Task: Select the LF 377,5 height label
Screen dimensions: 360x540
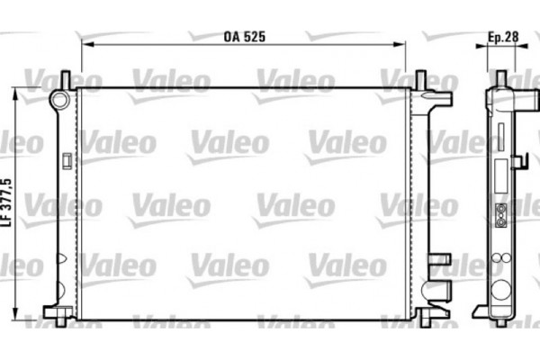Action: click(6, 202)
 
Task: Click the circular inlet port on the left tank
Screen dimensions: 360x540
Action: click(60, 98)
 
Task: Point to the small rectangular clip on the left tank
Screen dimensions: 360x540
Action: click(67, 162)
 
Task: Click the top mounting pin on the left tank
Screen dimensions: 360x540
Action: click(66, 80)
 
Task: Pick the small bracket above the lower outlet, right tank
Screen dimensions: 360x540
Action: click(438, 260)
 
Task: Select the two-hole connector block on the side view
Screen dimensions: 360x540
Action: click(499, 215)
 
